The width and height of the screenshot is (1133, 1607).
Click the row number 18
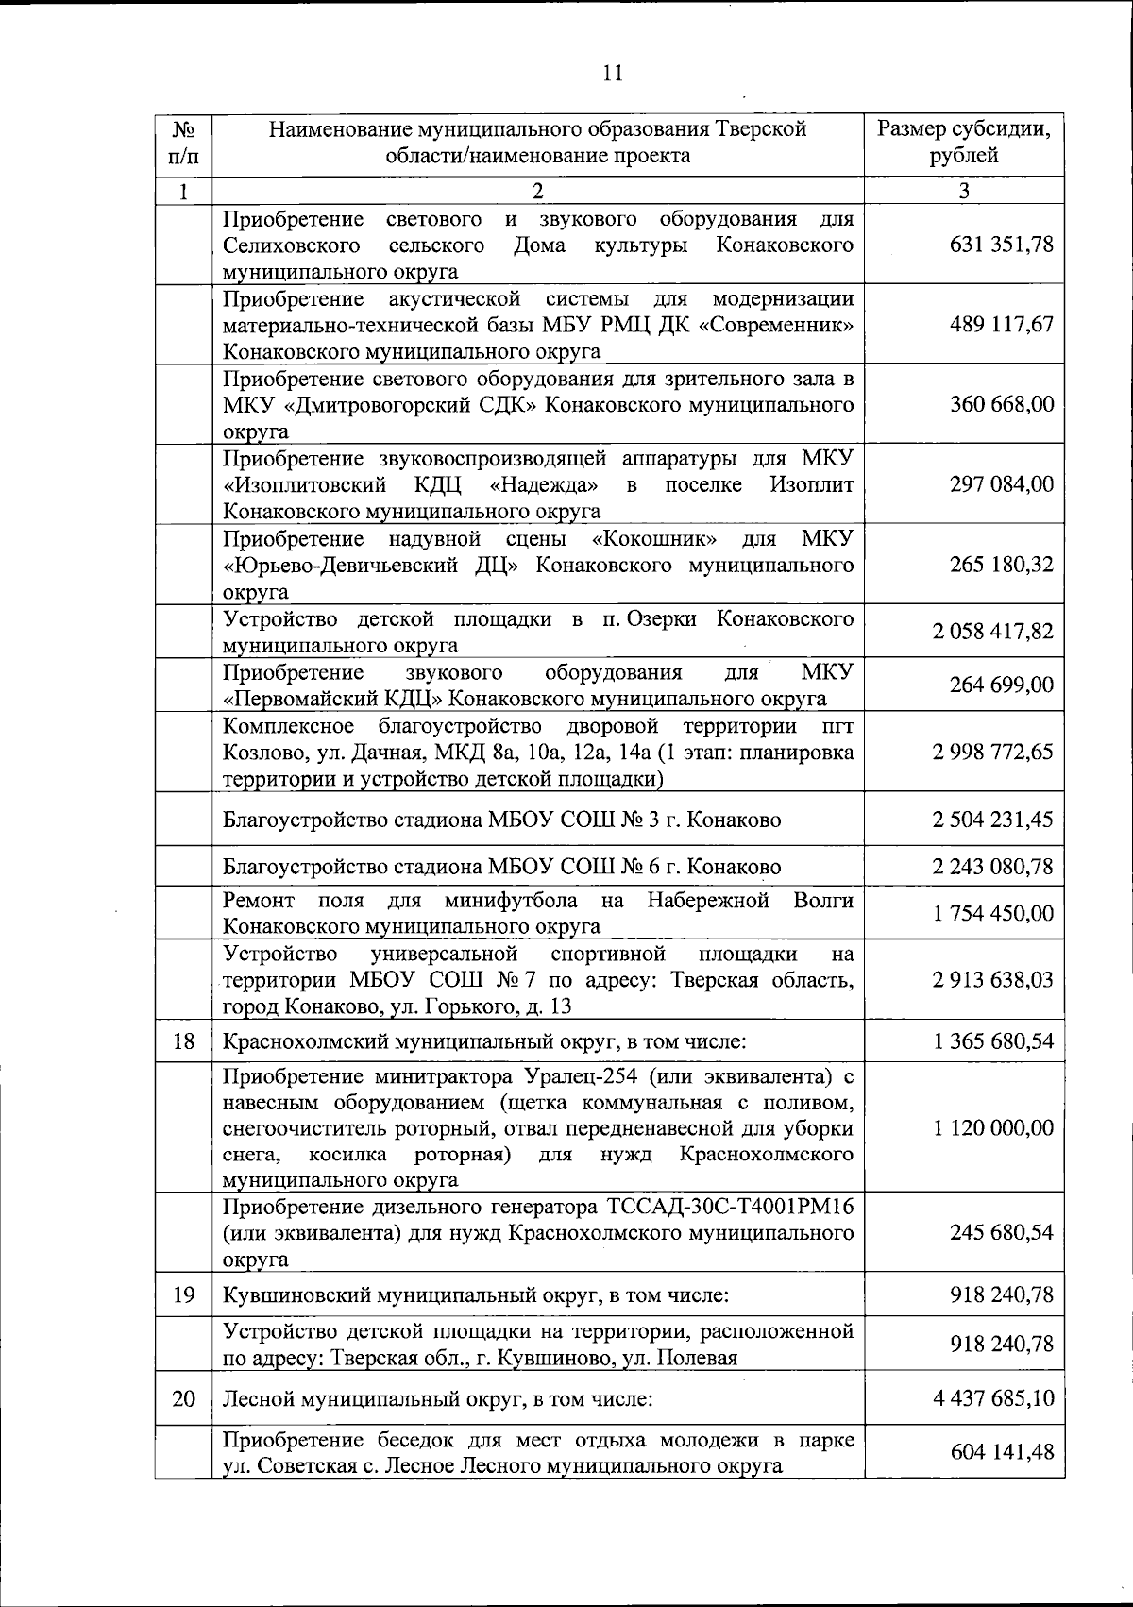[184, 1042]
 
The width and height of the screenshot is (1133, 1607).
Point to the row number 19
[184, 1294]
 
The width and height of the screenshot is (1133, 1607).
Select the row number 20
[184, 1398]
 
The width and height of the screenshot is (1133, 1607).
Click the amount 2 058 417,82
[992, 632]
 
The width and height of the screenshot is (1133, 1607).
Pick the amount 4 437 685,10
[992, 1398]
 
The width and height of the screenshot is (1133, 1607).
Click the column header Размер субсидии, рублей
[963, 142]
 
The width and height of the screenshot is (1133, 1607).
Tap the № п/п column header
[184, 142]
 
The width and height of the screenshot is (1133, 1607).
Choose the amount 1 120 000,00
[992, 1128]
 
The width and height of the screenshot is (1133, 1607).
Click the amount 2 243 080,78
[992, 866]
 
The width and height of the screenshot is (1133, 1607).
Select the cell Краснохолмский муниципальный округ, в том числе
[483, 1042]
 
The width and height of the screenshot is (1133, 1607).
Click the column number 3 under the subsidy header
[963, 191]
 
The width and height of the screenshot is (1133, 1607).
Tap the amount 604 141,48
[1001, 1452]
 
